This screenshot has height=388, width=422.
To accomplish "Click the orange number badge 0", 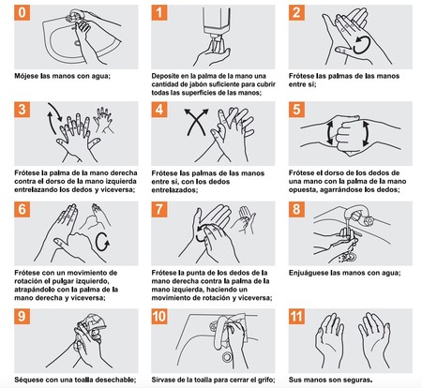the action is (x=23, y=13).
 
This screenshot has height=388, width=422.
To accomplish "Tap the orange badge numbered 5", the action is (x=296, y=110).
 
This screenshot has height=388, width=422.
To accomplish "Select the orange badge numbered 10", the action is (x=159, y=317).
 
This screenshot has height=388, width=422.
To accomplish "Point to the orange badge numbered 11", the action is (x=296, y=317).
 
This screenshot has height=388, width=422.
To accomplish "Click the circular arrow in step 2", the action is (x=362, y=45).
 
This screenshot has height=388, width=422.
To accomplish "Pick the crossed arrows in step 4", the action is (x=196, y=122).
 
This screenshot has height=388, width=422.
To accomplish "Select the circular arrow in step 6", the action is (x=102, y=242).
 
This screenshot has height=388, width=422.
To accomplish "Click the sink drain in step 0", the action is (x=77, y=42).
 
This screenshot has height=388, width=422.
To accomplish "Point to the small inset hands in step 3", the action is (x=103, y=120).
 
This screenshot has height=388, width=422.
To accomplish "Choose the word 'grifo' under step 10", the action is (x=266, y=381).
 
